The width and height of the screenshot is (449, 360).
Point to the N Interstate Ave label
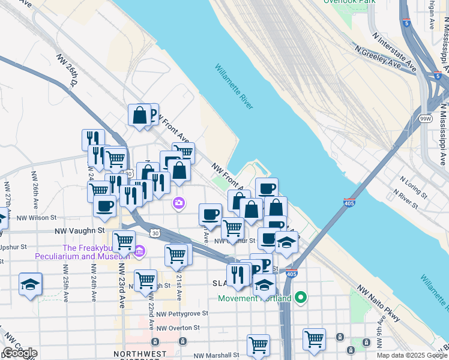[x=394, y=47]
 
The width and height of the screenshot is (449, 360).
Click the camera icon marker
[x=178, y=203]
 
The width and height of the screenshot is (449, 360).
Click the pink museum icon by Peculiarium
[x=139, y=250]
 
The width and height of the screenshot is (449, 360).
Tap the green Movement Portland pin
[x=303, y=298]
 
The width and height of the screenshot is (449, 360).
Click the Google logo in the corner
[x=20, y=353]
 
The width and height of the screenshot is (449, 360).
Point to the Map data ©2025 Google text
[x=412, y=355]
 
